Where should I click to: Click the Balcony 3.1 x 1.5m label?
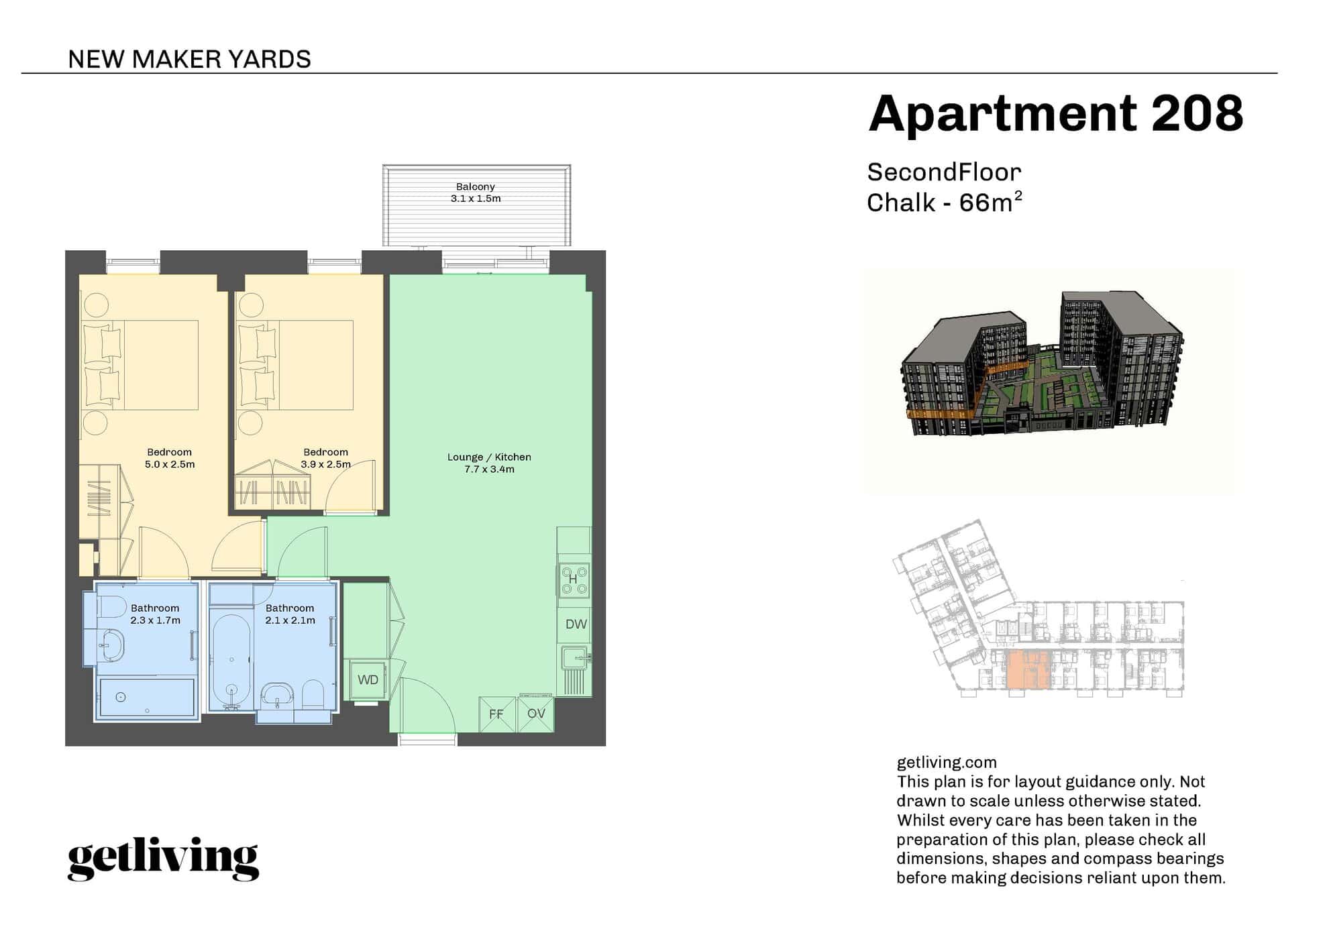pos(476,192)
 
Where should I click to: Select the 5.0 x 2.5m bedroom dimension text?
pos(170,464)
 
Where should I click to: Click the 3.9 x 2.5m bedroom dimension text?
pos(325,464)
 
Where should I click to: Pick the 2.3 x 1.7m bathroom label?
pos(155,620)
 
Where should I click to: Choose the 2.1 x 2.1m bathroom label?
pos(290,620)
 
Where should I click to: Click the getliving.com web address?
pos(947,763)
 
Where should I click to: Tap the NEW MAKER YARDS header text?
pos(190,59)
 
